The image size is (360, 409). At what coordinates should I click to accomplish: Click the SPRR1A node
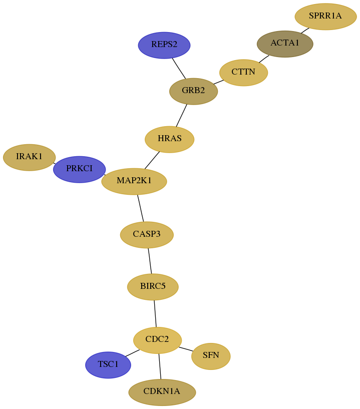pos(325,17)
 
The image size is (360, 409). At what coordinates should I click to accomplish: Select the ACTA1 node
pos(285,44)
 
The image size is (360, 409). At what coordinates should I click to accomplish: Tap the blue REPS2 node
pos(164,45)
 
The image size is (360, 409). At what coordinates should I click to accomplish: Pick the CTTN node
pos(243,73)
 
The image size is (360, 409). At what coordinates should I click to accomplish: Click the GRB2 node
pos(193,91)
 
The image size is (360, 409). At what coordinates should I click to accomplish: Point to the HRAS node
pos(169,139)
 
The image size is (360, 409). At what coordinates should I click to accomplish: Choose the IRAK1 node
pos(29,157)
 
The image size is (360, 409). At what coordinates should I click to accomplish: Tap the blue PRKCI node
pos(79,169)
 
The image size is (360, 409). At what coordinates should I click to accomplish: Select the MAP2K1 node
pos(134,181)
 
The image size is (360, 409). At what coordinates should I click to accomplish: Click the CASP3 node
pos(147,235)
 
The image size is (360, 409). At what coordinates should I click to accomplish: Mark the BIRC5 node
pos(153,287)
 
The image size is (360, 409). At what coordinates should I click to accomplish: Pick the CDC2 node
pos(157,340)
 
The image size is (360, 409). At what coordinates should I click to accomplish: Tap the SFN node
pos(211,356)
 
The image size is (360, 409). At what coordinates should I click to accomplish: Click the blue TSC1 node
pos(108,365)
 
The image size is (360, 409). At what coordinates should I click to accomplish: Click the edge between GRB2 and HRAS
pos(181,115)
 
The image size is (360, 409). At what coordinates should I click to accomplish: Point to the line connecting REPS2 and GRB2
pos(179,68)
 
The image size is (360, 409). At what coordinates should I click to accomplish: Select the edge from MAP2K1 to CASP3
pos(140,208)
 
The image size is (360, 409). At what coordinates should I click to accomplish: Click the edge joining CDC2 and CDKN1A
pos(160,366)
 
